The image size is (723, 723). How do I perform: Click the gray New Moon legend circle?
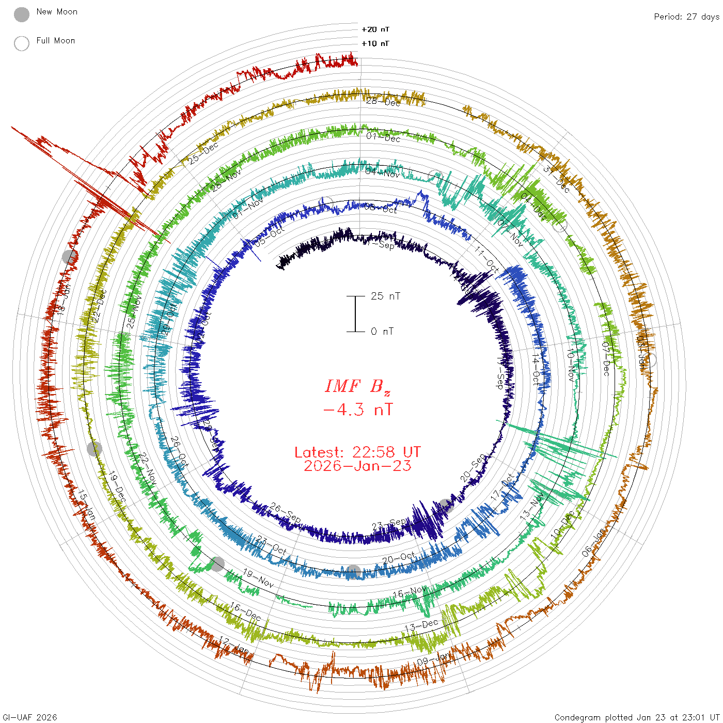[x=22, y=15]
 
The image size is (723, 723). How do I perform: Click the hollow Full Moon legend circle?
[x=22, y=43]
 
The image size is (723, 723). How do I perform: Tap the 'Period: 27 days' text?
[x=686, y=17]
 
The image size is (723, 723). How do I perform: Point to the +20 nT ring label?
[x=375, y=29]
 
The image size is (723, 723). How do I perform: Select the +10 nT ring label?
[x=375, y=43]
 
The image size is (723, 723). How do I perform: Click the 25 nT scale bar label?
[x=385, y=296]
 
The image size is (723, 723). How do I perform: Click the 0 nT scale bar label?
[x=382, y=331]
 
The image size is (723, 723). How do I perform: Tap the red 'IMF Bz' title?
[x=357, y=386]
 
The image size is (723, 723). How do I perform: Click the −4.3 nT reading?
[x=357, y=410]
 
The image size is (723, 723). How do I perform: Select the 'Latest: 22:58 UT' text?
[x=357, y=452]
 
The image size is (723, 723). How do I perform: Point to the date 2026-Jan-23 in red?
[x=357, y=466]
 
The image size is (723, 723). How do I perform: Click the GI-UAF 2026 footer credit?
[x=30, y=717]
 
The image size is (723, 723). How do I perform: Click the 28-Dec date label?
[x=383, y=102]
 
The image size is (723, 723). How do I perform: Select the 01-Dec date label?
[x=383, y=137]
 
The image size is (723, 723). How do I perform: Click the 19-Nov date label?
[x=258, y=578]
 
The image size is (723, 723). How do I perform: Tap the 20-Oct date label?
[x=399, y=558]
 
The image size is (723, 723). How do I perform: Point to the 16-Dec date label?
[x=245, y=611]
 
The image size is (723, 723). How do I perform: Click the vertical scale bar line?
[x=355, y=313]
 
